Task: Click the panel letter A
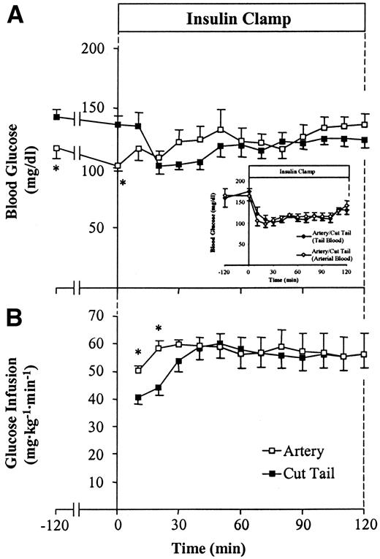click(13, 15)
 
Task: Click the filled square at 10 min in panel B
click(138, 398)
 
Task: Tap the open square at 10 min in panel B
click(138, 370)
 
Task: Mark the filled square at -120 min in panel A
click(56, 117)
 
